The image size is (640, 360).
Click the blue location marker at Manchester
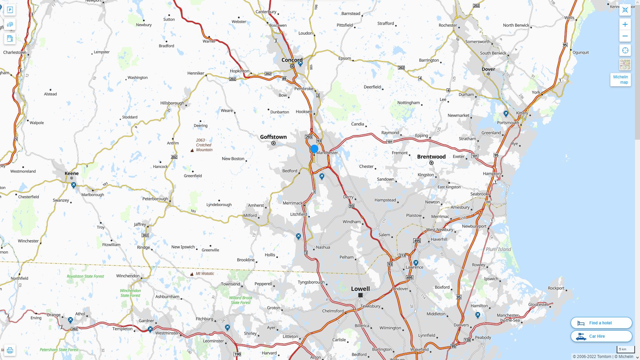[x=314, y=149]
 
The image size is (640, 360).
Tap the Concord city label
[x=292, y=60]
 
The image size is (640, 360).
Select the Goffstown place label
[x=273, y=137]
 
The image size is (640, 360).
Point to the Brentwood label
[x=431, y=157]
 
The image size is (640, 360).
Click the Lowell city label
[x=360, y=289]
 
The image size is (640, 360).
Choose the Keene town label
[x=72, y=173]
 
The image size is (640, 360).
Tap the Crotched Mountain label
[x=204, y=145]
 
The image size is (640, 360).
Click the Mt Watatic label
[x=205, y=274]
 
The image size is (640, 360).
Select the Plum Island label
[x=498, y=249]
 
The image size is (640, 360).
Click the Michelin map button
[x=620, y=80]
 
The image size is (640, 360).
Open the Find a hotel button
[x=601, y=323]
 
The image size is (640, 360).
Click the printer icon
[x=10, y=350]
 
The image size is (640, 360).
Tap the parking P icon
[x=10, y=10]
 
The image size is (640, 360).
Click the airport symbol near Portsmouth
[x=506, y=114]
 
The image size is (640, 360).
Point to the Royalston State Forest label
[x=85, y=276]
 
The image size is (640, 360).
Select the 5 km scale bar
[x=626, y=349]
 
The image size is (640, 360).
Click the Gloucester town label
[x=538, y=305]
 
